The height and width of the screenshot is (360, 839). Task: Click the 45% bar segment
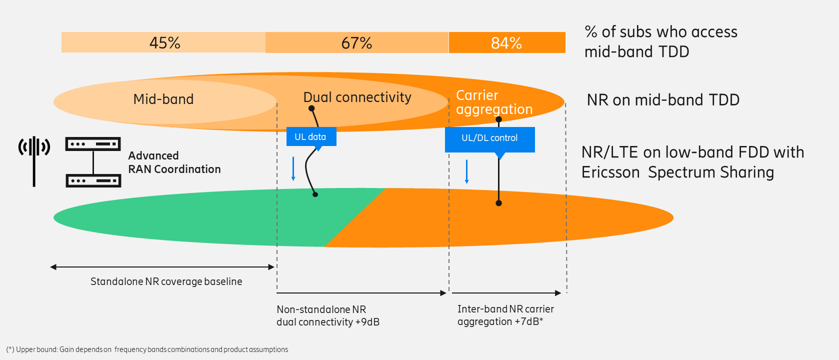pos(163,42)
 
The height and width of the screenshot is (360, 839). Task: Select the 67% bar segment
pos(357,42)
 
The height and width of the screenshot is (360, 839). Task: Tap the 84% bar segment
pos(507,42)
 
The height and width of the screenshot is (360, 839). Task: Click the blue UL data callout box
pos(311,137)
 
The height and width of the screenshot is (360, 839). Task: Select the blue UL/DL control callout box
pos(489,138)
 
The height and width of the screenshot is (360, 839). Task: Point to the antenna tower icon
pos(34,161)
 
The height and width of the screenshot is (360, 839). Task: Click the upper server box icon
pos(93,144)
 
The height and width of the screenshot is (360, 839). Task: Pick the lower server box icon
pos(93,180)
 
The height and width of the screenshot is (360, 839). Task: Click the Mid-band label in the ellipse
pos(163,99)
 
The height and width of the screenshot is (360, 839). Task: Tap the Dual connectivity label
pos(357,97)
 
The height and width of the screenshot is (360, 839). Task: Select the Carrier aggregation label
pos(494,102)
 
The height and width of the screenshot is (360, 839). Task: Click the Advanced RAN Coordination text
pos(174,162)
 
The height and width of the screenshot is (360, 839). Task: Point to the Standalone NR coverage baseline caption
pos(166,281)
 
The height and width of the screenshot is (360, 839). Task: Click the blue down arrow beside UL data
pos(293,168)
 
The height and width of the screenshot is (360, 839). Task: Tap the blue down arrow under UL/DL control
pos(466,171)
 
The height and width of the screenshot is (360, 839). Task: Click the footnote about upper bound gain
pos(147,349)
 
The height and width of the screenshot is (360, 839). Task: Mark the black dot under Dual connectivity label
pos(311,108)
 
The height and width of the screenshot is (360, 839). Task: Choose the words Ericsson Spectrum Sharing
pos(677,172)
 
